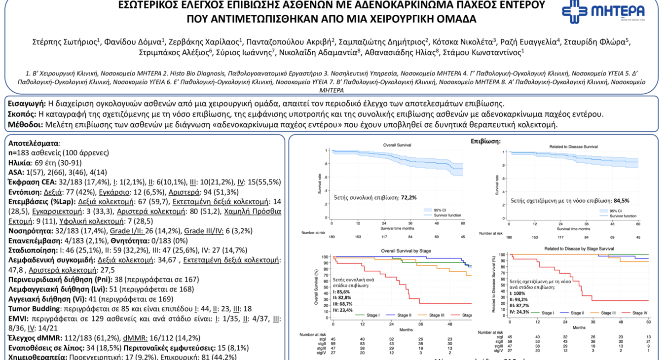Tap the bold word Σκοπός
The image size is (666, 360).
click(23, 114)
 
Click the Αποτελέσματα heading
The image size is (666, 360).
click(34, 143)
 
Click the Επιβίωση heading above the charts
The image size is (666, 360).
click(486, 142)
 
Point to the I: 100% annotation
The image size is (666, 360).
click(518, 293)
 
